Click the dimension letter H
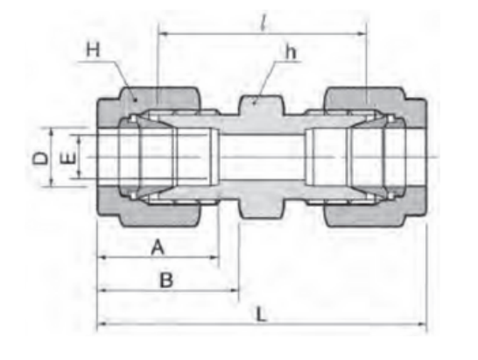click(x=93, y=49)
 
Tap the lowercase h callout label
click(x=291, y=52)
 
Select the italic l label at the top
click(x=264, y=23)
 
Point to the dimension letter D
click(x=40, y=159)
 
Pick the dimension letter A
click(x=158, y=247)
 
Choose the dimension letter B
click(x=166, y=279)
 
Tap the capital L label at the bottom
click(x=261, y=314)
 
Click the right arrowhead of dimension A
click(x=214, y=258)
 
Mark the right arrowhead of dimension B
click(x=234, y=290)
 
